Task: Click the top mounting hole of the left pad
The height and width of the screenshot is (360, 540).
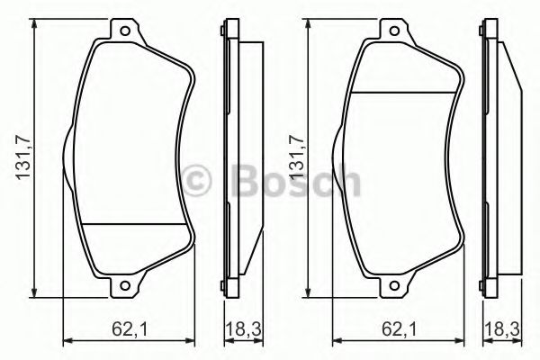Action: coord(125,31)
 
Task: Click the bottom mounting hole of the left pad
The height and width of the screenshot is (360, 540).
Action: coord(125,285)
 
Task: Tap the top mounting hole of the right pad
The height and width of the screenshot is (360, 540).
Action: coord(394,31)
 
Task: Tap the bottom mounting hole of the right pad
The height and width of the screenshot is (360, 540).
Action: coord(394,285)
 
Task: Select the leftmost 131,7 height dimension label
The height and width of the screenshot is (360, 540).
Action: coord(23,157)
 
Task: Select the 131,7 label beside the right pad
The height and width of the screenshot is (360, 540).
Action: coord(297,157)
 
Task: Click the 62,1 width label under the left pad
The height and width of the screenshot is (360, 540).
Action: coord(130,329)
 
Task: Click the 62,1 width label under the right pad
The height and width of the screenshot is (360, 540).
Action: coord(399,329)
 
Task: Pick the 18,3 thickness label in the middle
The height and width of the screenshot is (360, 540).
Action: coord(244,329)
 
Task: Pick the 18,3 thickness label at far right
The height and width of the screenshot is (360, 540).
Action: coord(502,329)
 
